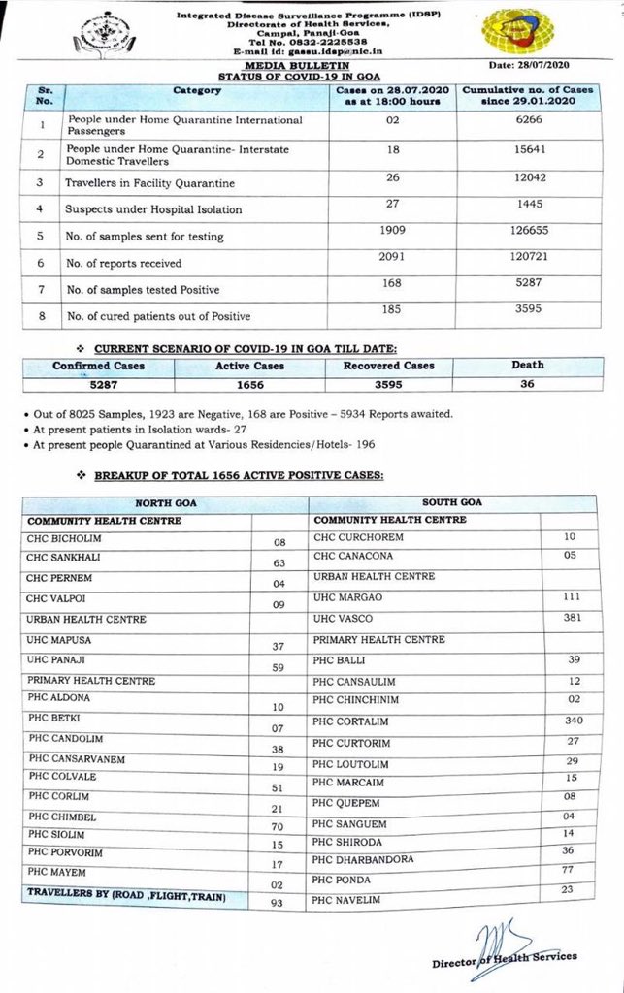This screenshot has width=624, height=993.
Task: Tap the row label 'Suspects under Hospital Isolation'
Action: pos(153,209)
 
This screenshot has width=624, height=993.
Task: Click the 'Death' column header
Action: pos(528,366)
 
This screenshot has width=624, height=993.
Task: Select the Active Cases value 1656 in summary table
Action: pos(248,383)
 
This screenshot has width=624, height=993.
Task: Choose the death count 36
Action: pos(527,383)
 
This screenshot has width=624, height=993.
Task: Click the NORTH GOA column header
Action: pos(163,502)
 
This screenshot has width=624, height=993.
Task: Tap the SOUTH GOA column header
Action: pos(451,502)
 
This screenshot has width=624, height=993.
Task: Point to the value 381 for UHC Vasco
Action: pos(572,619)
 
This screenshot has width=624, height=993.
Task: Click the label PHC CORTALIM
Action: pos(350,721)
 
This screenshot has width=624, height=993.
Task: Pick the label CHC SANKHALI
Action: pos(63,558)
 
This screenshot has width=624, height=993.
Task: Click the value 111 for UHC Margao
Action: pos(572,597)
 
